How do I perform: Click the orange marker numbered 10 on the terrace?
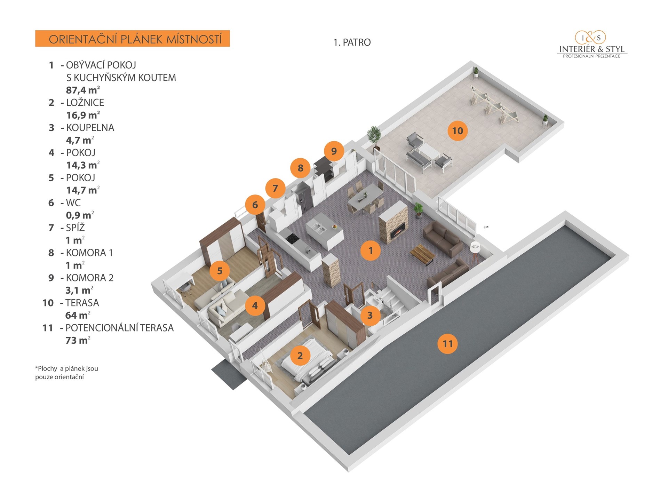[x=458, y=131]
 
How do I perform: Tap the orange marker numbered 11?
[x=447, y=344]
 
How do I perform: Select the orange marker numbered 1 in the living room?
[x=371, y=250]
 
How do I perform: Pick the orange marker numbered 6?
[x=255, y=205]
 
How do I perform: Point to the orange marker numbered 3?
[x=370, y=315]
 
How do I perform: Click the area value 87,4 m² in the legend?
[x=83, y=90]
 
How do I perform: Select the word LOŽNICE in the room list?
[x=85, y=103]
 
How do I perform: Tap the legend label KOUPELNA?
[x=90, y=128]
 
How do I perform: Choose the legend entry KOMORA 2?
[x=89, y=278]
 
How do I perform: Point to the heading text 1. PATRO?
[x=352, y=42]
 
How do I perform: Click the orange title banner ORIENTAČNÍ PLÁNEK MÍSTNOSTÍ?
[x=132, y=39]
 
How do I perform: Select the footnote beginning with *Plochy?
[x=66, y=373]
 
